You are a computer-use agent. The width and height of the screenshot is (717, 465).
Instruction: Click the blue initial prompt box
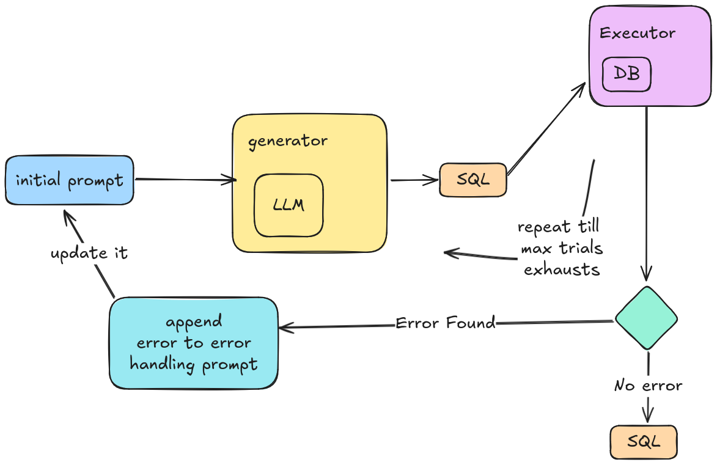coord(69,180)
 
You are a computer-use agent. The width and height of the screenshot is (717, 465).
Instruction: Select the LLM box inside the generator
coord(289,205)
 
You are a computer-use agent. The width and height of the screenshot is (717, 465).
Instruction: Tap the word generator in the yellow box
coord(288,141)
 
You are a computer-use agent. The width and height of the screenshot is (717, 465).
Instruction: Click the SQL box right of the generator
coord(473,180)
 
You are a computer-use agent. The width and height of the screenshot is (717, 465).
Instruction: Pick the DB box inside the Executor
coord(627,74)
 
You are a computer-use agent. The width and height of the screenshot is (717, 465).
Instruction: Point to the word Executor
coord(638,33)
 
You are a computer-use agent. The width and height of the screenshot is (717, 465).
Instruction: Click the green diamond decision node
coord(646,318)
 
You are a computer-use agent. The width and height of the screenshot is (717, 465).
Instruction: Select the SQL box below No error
coord(643,442)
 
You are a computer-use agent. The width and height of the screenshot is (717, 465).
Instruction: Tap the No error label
coord(648,386)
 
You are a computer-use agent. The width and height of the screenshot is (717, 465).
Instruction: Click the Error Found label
coord(445,323)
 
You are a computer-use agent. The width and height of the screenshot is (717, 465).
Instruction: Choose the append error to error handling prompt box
coord(194,343)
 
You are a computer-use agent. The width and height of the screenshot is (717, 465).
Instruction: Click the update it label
coord(89,253)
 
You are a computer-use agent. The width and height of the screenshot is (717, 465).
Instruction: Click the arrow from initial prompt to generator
coord(183,180)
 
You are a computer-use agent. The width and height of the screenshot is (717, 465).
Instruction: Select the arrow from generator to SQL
coord(414,180)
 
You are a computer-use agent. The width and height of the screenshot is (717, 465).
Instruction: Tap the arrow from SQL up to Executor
coord(546,129)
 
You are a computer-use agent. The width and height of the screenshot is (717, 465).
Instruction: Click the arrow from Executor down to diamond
coord(647,189)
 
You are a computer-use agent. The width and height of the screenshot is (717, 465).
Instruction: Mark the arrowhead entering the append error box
coord(284,328)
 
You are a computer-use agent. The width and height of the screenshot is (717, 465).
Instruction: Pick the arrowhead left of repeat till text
coord(450,252)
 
